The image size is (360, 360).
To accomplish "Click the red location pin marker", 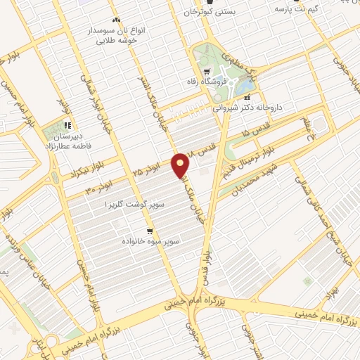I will [181, 165].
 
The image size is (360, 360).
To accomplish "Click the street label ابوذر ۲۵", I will [146, 170].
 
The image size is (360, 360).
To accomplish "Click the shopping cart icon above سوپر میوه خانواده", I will [150, 231].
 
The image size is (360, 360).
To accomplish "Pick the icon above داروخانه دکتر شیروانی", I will [247, 97].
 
